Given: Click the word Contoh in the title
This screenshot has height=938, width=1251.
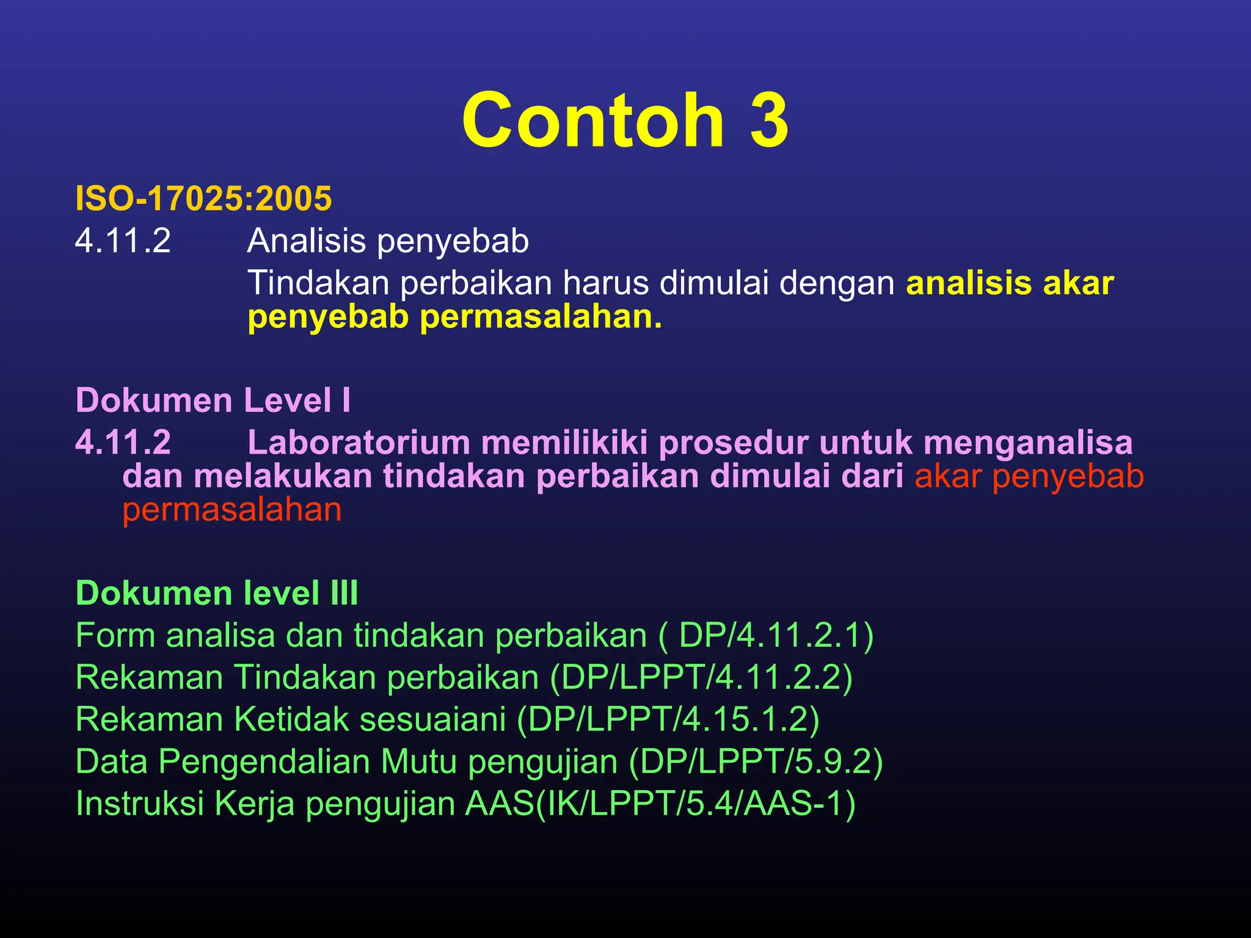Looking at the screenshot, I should [593, 120].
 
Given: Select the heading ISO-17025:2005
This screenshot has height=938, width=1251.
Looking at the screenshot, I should [203, 199].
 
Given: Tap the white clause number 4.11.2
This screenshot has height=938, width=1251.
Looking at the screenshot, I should [123, 241].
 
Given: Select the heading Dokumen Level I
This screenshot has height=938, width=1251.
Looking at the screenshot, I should [213, 401].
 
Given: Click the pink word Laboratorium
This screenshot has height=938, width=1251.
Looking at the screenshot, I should [359, 443].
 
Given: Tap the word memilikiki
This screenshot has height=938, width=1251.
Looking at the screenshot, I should [564, 443].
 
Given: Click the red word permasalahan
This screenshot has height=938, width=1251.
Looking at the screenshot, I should [232, 510].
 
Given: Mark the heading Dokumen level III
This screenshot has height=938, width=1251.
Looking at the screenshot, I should [217, 593].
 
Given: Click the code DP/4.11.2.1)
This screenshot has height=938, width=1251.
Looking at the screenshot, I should [776, 636].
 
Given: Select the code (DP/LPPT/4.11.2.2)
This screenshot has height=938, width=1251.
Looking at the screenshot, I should [701, 677].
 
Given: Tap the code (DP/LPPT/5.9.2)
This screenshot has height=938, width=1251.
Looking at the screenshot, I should [756, 762].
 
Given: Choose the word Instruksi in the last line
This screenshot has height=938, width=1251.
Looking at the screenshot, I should [139, 804].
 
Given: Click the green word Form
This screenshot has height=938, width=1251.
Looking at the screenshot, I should [115, 636].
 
